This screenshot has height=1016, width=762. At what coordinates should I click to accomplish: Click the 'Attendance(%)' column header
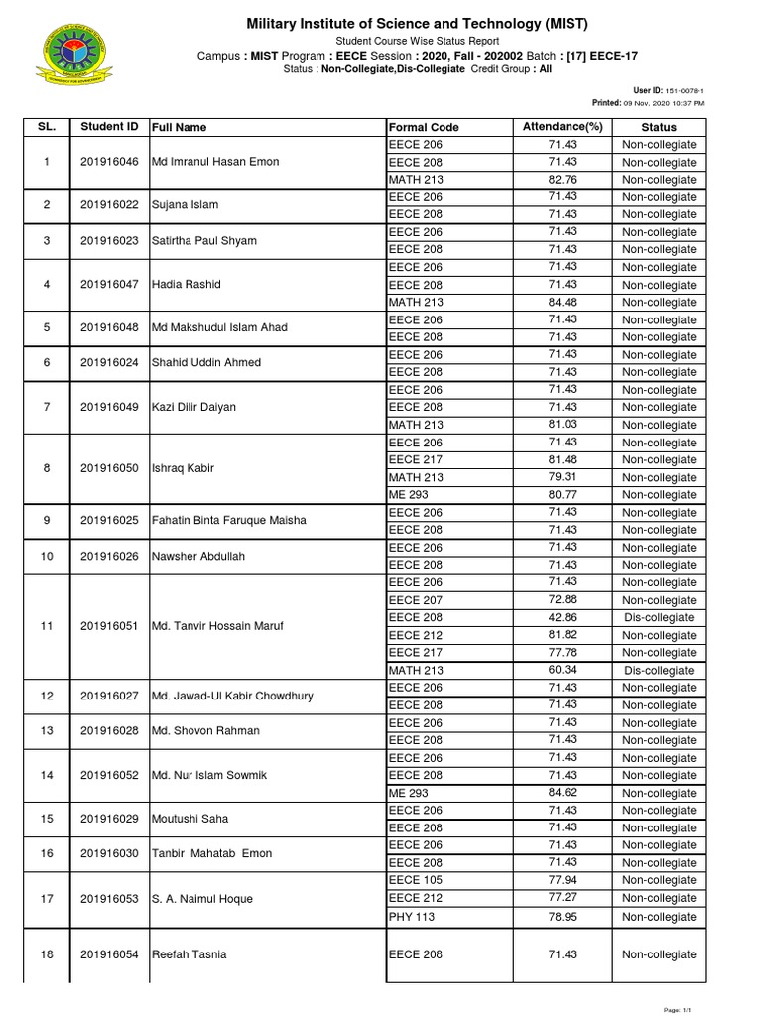pyautogui.click(x=563, y=127)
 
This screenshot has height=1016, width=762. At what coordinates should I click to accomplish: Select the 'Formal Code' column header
pyautogui.click(x=424, y=127)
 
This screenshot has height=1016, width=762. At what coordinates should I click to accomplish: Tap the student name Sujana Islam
pyautogui.click(x=186, y=205)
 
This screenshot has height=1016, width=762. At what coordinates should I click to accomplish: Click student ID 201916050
pyautogui.click(x=109, y=468)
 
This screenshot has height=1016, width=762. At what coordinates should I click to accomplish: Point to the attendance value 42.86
pyautogui.click(x=563, y=617)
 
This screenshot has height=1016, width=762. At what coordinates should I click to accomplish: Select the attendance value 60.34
pyautogui.click(x=563, y=670)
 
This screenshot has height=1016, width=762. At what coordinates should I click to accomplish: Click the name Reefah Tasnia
pyautogui.click(x=189, y=954)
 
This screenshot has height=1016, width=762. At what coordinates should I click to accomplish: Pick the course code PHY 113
pyautogui.click(x=412, y=917)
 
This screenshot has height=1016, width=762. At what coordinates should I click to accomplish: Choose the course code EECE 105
pyautogui.click(x=416, y=880)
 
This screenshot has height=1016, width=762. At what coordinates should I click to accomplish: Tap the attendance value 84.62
pyautogui.click(x=563, y=793)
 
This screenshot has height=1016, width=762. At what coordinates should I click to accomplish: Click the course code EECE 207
pyautogui.click(x=416, y=600)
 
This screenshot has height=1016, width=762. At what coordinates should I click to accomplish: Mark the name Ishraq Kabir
pyautogui.click(x=183, y=468)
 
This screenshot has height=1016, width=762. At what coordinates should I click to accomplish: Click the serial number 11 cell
pyautogui.click(x=46, y=627)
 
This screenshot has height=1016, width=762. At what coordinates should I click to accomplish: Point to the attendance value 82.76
pyautogui.click(x=563, y=180)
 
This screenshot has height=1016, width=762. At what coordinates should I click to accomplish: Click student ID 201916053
pyautogui.click(x=109, y=899)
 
